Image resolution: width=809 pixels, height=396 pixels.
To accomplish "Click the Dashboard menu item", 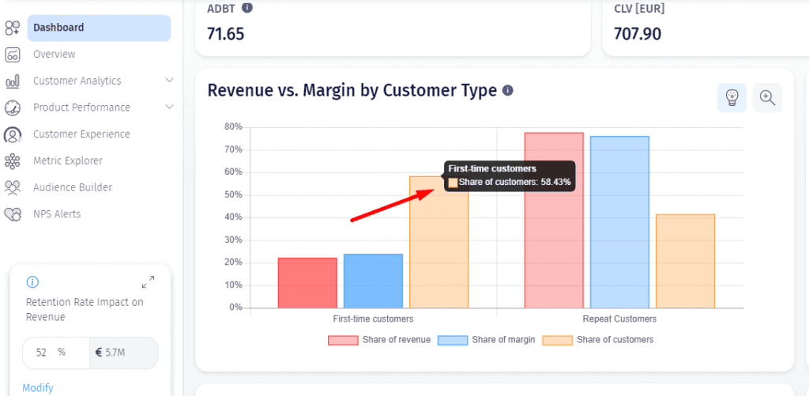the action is (x=99, y=28).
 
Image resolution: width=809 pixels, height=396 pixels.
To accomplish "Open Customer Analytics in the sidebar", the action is (x=77, y=81).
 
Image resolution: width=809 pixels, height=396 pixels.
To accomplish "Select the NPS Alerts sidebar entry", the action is (x=57, y=214).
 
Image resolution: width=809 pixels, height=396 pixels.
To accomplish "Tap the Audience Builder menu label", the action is (x=73, y=187).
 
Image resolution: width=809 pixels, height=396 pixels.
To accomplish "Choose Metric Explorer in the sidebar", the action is (x=68, y=161).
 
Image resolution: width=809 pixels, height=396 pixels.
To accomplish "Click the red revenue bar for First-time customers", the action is (x=307, y=283).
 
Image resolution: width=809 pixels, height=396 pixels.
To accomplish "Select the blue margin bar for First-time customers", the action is (x=373, y=281).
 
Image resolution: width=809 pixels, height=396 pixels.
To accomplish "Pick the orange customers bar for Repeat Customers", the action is (x=685, y=262).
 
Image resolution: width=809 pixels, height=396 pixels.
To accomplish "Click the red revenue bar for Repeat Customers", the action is (x=554, y=221).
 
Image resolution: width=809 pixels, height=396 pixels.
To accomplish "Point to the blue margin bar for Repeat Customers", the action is (x=619, y=222).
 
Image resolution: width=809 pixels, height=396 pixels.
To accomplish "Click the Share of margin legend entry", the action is (x=486, y=340).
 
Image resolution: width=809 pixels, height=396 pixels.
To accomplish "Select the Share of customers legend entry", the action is (x=598, y=340).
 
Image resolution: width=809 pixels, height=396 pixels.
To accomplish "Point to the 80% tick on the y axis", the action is (x=234, y=127).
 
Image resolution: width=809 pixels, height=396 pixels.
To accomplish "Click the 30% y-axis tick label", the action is (x=234, y=240).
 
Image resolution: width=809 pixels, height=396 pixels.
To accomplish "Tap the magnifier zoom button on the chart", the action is (x=767, y=97).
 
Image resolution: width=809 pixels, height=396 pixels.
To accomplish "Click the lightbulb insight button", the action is (x=732, y=97).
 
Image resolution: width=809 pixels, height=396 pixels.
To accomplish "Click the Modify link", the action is (x=38, y=388).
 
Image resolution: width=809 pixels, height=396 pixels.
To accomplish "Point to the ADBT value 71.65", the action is (x=225, y=34).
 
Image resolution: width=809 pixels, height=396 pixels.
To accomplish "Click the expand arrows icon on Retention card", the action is (x=148, y=282).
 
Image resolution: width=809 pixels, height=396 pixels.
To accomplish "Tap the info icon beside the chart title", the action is (x=508, y=91).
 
